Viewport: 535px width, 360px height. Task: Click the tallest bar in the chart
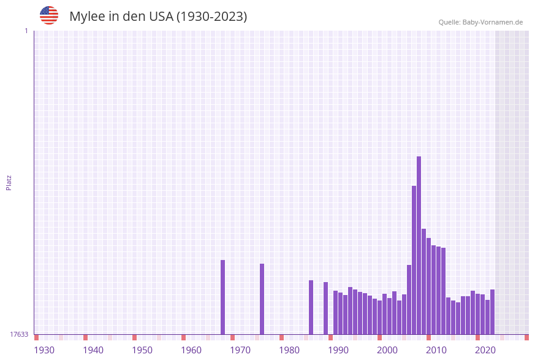(419, 245)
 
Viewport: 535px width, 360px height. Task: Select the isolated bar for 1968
(222, 297)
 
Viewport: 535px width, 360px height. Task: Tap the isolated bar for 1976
(262, 299)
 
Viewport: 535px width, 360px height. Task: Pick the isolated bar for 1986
(311, 307)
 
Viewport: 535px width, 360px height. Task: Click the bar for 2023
(492, 312)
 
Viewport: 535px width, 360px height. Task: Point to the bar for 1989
(325, 308)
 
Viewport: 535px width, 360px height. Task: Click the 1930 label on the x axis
(44, 350)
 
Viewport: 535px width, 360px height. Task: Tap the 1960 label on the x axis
(191, 350)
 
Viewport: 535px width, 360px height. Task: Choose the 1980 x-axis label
(289, 350)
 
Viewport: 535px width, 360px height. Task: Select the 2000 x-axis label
(387, 350)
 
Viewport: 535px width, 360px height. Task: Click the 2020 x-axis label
(485, 350)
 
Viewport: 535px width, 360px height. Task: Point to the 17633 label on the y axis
(19, 334)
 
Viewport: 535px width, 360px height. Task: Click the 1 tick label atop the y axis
(26, 31)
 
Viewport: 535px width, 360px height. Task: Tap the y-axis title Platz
(9, 182)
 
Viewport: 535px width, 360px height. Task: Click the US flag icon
(49, 15)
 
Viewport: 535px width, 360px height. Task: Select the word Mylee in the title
(86, 17)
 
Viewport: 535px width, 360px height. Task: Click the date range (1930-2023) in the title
(211, 17)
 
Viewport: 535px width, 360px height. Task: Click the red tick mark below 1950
(134, 337)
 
